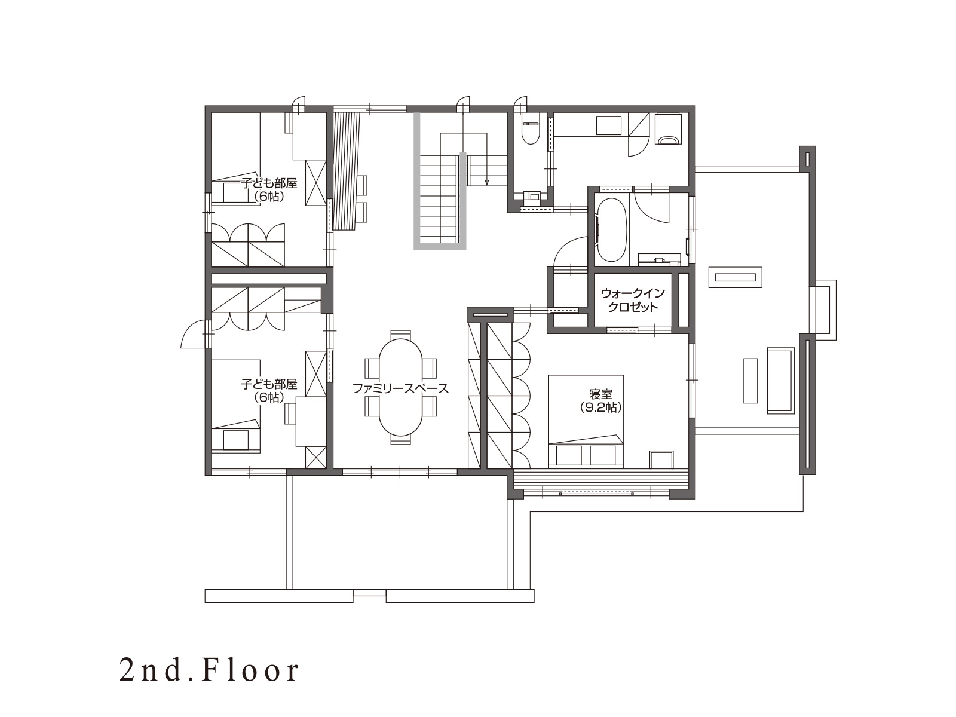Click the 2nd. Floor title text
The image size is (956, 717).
click(x=209, y=671)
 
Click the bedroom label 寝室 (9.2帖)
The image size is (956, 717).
click(x=601, y=401)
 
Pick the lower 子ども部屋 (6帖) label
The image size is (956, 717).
click(x=269, y=391)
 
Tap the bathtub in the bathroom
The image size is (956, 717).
click(x=611, y=229)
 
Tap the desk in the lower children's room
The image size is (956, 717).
click(x=311, y=421)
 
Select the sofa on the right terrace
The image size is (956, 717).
click(x=781, y=380)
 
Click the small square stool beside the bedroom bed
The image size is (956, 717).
click(x=661, y=459)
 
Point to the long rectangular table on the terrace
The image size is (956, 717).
click(x=735, y=277)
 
